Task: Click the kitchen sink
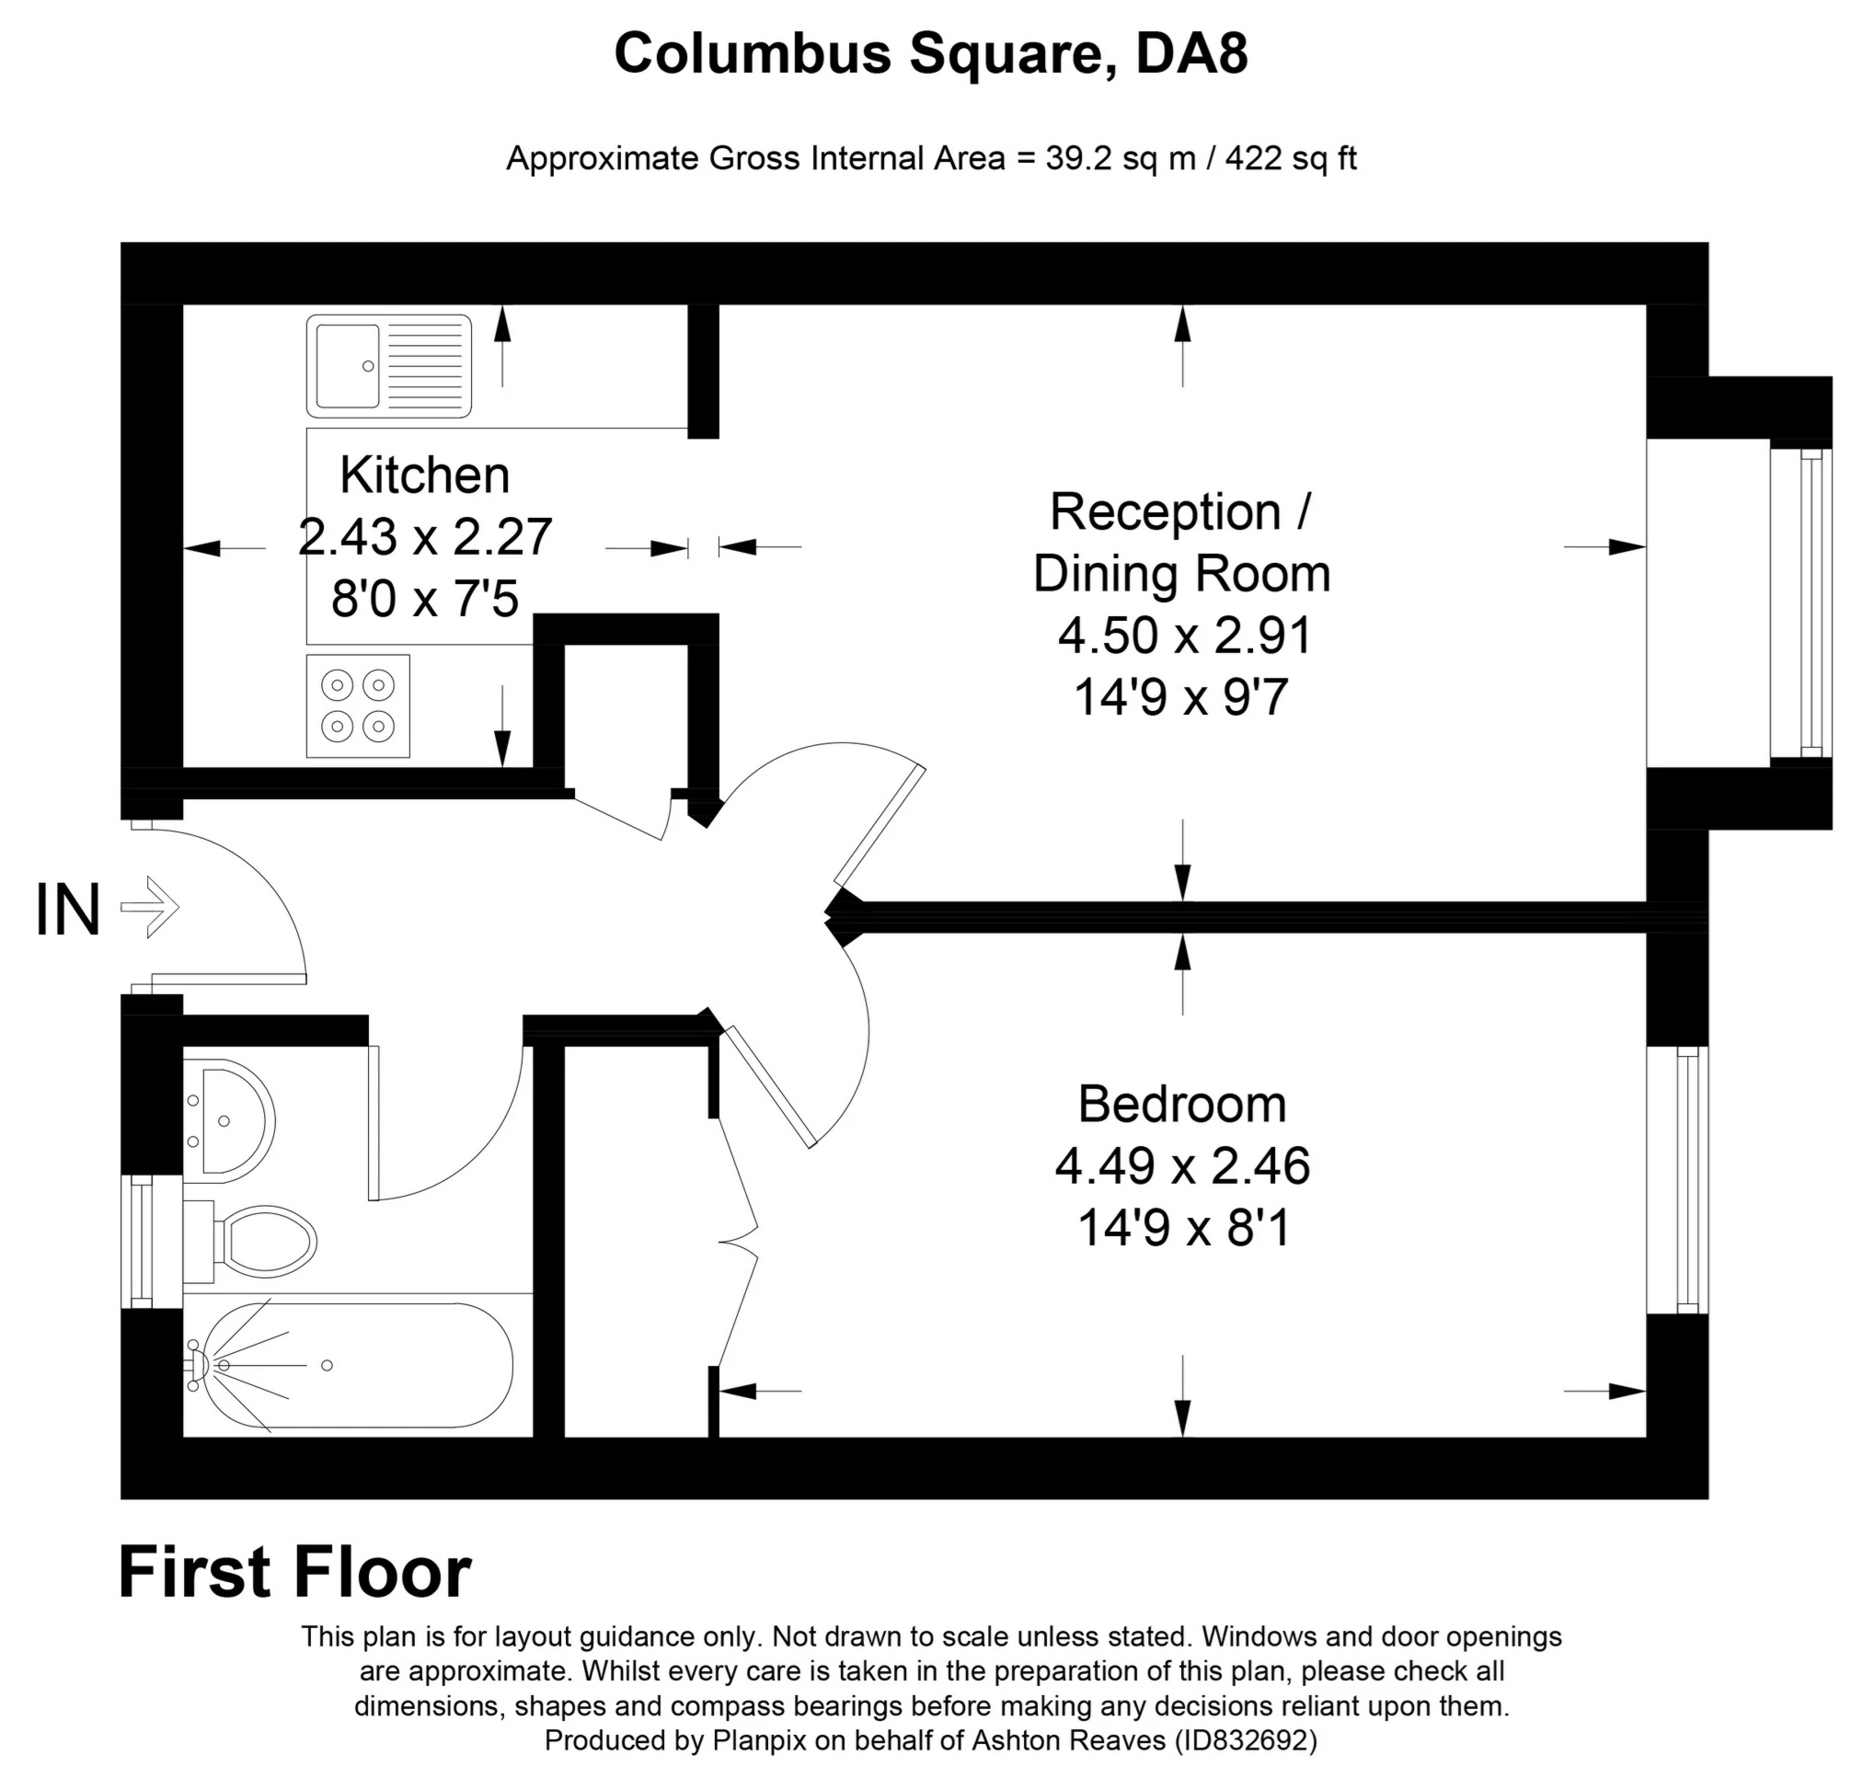pyautogui.click(x=388, y=366)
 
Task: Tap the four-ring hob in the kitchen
pyautogui.click(x=358, y=706)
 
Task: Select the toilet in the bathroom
pyautogui.click(x=249, y=1242)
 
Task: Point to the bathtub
pyautogui.click(x=349, y=1366)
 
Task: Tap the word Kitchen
pyautogui.click(x=424, y=475)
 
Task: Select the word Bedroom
pyautogui.click(x=1182, y=1105)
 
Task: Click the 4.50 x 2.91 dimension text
pyautogui.click(x=1184, y=636)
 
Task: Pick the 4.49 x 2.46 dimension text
pyautogui.click(x=1182, y=1166)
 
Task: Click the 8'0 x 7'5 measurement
pyautogui.click(x=424, y=599)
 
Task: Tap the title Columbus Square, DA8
pyautogui.click(x=931, y=53)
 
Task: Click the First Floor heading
pyautogui.click(x=294, y=1572)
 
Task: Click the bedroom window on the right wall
pyautogui.click(x=1678, y=1179)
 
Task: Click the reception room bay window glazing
pyautogui.click(x=1801, y=602)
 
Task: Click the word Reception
pyautogui.click(x=1166, y=513)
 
